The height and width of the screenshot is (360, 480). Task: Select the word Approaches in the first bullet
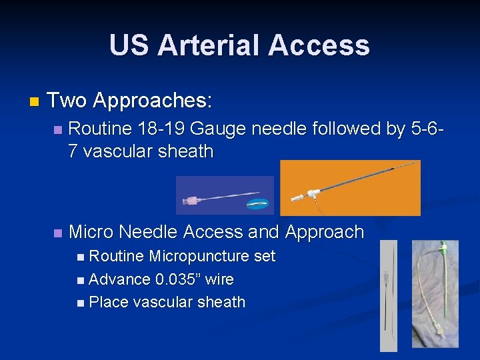[153, 101]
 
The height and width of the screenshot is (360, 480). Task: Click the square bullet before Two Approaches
[35, 102]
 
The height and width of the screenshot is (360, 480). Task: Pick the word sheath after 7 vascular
[186, 151]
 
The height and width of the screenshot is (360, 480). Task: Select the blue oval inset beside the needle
[257, 204]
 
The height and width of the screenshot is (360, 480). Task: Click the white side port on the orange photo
[297, 197]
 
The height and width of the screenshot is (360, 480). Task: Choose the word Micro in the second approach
[91, 232]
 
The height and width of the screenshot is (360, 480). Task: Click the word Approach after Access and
[325, 232]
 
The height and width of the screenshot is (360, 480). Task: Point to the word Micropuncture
[212, 257]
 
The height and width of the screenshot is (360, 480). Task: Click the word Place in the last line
[109, 302]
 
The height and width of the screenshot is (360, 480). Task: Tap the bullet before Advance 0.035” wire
[80, 280]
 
